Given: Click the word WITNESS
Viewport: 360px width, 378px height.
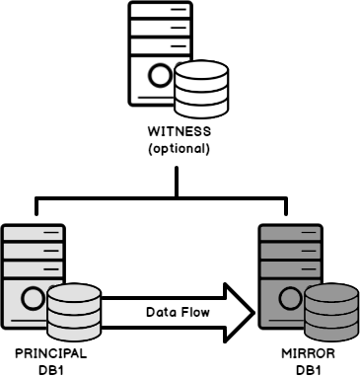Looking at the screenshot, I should coord(180,131).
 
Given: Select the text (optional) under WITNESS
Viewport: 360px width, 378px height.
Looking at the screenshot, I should coord(180,148).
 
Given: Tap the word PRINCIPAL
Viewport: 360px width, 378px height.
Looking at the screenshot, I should coord(51,352).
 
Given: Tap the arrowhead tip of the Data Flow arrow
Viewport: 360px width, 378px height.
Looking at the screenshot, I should coord(252,312).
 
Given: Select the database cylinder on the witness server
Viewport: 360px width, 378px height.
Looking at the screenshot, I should coord(201,91).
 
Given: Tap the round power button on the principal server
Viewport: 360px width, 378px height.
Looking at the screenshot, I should coord(34,295).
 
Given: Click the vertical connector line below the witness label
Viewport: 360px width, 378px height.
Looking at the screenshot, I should coord(178,180).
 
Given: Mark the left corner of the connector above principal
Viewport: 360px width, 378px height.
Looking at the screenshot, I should coord(36,197).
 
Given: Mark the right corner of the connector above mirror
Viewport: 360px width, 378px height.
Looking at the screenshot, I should coord(287,197).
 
